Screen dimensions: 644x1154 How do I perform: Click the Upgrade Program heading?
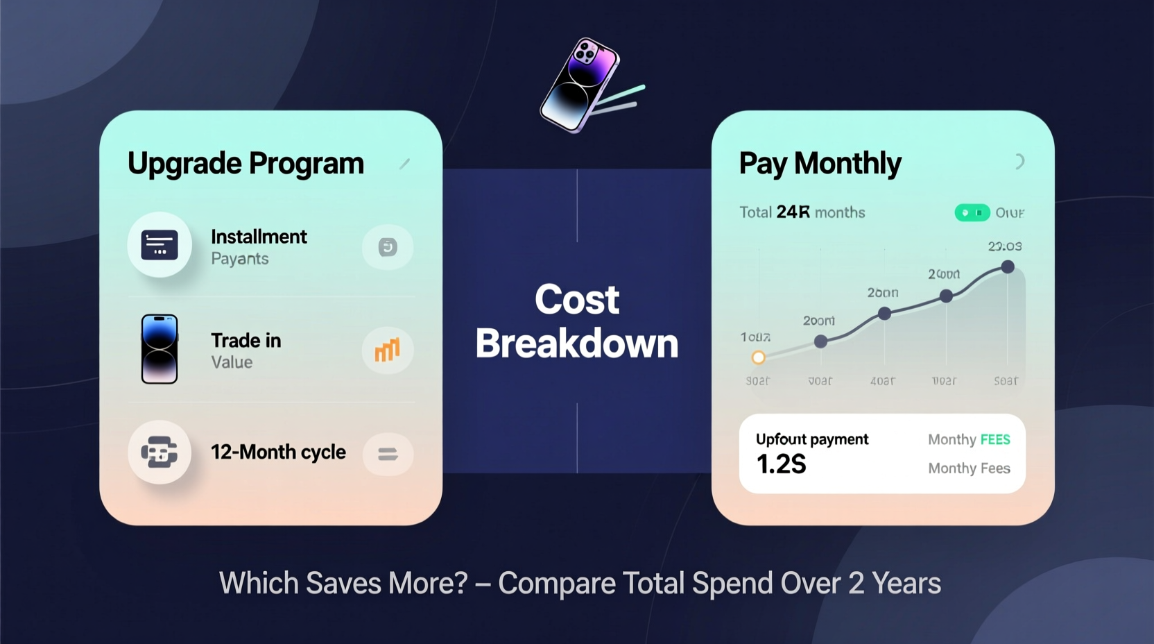click(x=246, y=164)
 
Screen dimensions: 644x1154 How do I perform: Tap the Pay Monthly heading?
click(x=820, y=164)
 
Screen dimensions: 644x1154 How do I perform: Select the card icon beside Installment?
click(x=160, y=245)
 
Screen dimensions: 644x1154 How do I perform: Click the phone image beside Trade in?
click(x=160, y=349)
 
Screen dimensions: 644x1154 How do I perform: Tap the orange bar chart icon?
click(x=387, y=350)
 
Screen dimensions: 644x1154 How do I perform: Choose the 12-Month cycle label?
click(x=278, y=452)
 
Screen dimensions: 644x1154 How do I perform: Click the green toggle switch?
click(x=972, y=212)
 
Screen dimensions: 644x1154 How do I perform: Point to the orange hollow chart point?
click(x=758, y=357)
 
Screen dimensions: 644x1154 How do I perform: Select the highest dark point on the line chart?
click(x=1008, y=266)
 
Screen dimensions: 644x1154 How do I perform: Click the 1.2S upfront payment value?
click(x=781, y=464)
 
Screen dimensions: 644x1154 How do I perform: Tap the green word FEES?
click(x=995, y=439)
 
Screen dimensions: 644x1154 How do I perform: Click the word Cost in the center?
click(x=577, y=300)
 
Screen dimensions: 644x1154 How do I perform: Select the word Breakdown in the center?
click(x=577, y=344)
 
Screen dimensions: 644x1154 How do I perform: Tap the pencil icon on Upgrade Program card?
click(x=404, y=164)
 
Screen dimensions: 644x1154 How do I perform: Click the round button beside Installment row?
click(x=388, y=247)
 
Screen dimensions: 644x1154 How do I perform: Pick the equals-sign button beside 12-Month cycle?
click(x=388, y=455)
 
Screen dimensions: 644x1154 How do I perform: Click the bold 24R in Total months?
click(x=793, y=212)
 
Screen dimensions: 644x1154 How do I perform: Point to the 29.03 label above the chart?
click(x=1004, y=246)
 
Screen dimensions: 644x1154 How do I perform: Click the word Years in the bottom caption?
click(x=906, y=584)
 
